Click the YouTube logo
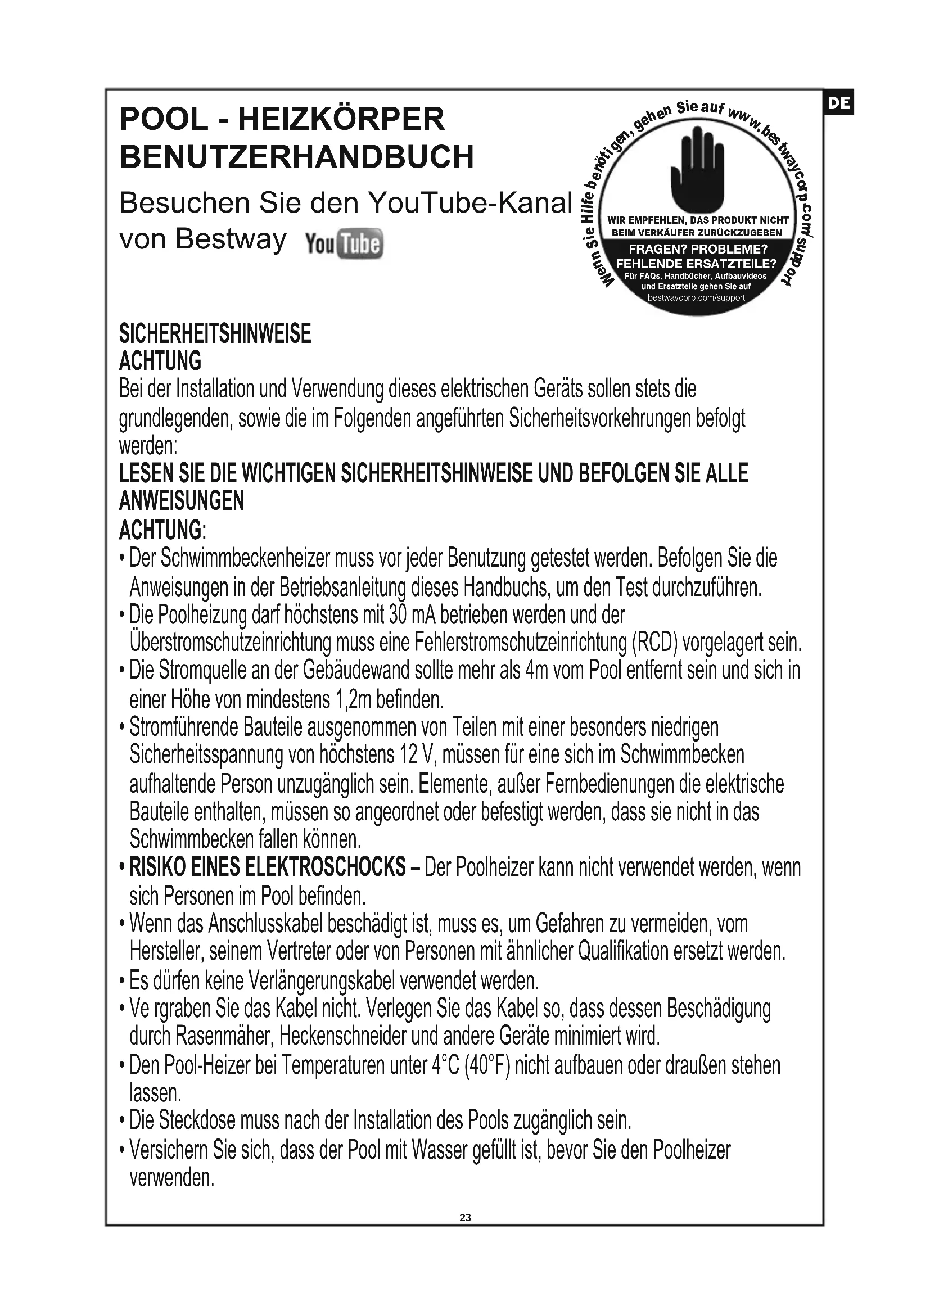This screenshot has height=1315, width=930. click(344, 244)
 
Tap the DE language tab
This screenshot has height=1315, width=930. click(838, 103)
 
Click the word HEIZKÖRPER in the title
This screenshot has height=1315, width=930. click(341, 119)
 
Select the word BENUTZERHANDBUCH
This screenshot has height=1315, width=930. click(297, 156)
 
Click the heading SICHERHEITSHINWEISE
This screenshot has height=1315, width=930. click(215, 333)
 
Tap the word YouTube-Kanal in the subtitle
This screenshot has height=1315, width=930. click(469, 203)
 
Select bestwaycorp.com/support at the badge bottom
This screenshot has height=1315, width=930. click(696, 298)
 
